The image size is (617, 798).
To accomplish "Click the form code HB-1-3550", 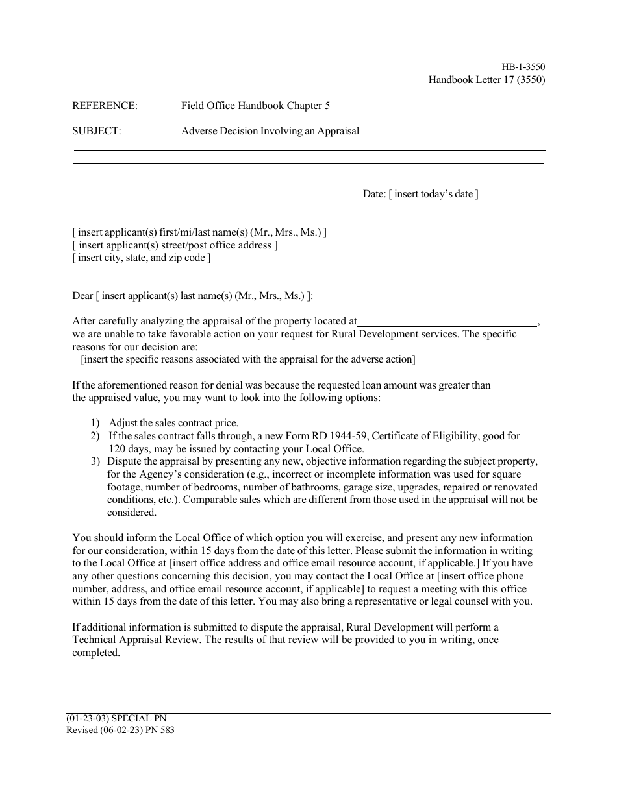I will click(523, 67).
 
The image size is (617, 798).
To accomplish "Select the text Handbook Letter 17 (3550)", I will click(486, 80).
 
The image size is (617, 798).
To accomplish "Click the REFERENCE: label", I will click(105, 106).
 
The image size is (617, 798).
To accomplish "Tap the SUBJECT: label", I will click(97, 130).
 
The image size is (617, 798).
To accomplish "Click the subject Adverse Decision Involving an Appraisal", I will click(270, 130).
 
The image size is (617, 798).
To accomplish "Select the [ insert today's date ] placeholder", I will click(433, 194).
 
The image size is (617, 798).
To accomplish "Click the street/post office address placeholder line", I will click(175, 245).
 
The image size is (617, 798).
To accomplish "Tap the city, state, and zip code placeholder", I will click(142, 258).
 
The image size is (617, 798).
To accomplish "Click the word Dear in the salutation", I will click(82, 296).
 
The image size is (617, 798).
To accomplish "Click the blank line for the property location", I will click(447, 321).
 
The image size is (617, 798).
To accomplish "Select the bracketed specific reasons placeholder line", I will click(247, 359).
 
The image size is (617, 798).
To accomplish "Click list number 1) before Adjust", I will click(95, 423).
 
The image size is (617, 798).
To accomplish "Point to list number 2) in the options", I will click(95, 436).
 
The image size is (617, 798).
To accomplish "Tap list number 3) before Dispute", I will click(95, 461).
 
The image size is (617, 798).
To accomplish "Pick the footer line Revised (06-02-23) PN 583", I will click(120, 729).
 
